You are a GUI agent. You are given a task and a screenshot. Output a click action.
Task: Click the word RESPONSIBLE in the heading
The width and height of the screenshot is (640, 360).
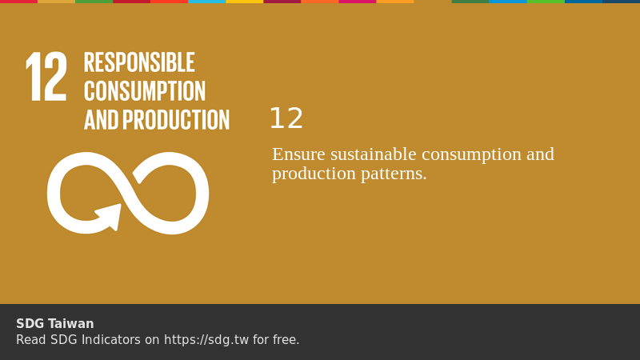139,62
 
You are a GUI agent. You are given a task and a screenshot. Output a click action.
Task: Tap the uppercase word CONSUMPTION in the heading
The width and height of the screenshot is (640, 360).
145,91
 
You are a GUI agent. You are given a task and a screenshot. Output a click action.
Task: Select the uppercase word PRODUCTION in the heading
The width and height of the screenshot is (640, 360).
176,120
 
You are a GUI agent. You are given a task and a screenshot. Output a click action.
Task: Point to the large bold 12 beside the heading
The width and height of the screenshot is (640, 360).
46,78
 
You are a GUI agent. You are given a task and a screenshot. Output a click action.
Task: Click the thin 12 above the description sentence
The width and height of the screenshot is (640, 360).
286,119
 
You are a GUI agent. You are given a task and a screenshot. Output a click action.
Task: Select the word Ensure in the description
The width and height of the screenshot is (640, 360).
298,154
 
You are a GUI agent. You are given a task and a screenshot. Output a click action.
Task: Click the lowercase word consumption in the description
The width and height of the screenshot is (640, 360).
471,154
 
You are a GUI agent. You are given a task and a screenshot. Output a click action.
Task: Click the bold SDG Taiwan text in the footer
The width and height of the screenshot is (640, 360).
55,324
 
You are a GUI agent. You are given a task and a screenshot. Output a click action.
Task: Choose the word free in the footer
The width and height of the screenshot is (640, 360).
285,340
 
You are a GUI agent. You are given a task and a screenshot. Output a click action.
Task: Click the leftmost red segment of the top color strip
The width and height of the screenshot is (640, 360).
18,2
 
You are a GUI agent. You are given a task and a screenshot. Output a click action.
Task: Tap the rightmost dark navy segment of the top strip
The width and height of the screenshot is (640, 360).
621,2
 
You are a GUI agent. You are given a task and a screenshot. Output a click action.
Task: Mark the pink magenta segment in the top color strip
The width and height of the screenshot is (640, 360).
358,2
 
